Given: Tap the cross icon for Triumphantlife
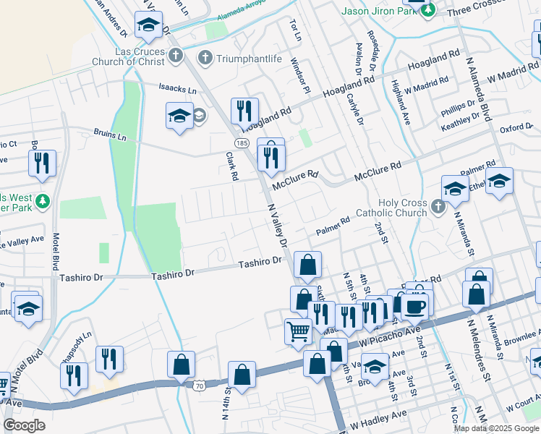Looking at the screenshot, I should coord(205,56).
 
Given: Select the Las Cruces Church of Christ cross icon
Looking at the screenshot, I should coord(176,54).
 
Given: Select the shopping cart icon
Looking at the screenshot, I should coord(298,332).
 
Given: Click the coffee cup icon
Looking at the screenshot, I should coord(414,306).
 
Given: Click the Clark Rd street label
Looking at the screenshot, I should coord(231,166).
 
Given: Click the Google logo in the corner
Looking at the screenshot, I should coord(24,425).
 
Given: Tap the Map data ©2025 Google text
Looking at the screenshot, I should coord(496,428).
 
